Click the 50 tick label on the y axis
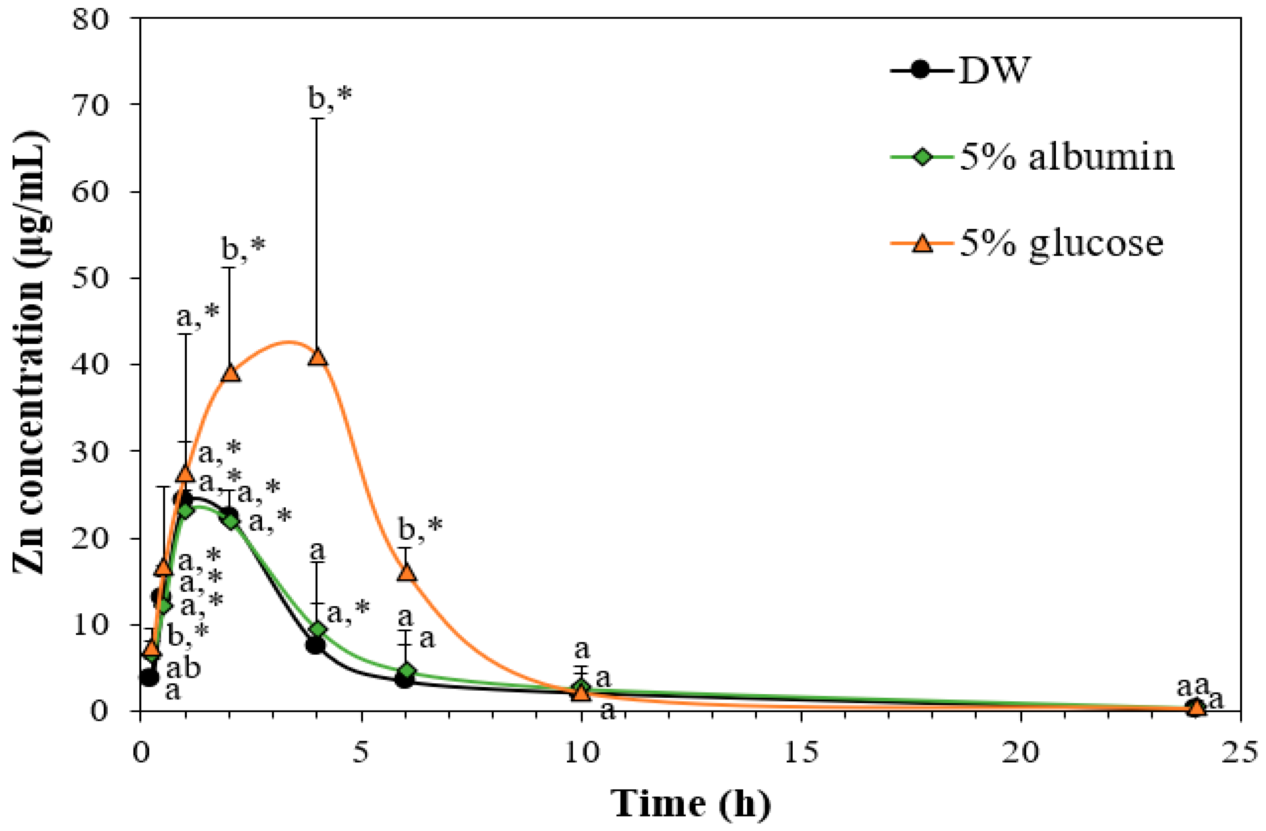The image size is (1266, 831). point(90,278)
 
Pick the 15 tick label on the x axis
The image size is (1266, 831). point(801,753)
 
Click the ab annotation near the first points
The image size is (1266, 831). point(183,669)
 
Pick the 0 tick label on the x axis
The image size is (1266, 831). point(140,753)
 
